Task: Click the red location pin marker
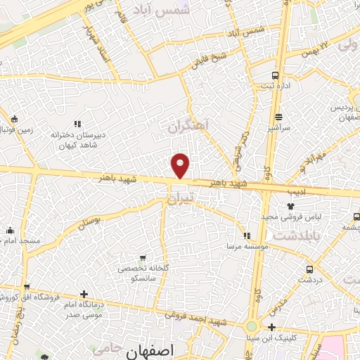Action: [x=181, y=164]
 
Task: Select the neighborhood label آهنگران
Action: [x=188, y=127]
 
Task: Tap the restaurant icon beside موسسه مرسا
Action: [x=246, y=236]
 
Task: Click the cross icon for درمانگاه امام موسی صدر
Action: [x=85, y=294]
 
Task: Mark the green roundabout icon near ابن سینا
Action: [x=252, y=327]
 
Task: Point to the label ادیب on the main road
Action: [x=295, y=191]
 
